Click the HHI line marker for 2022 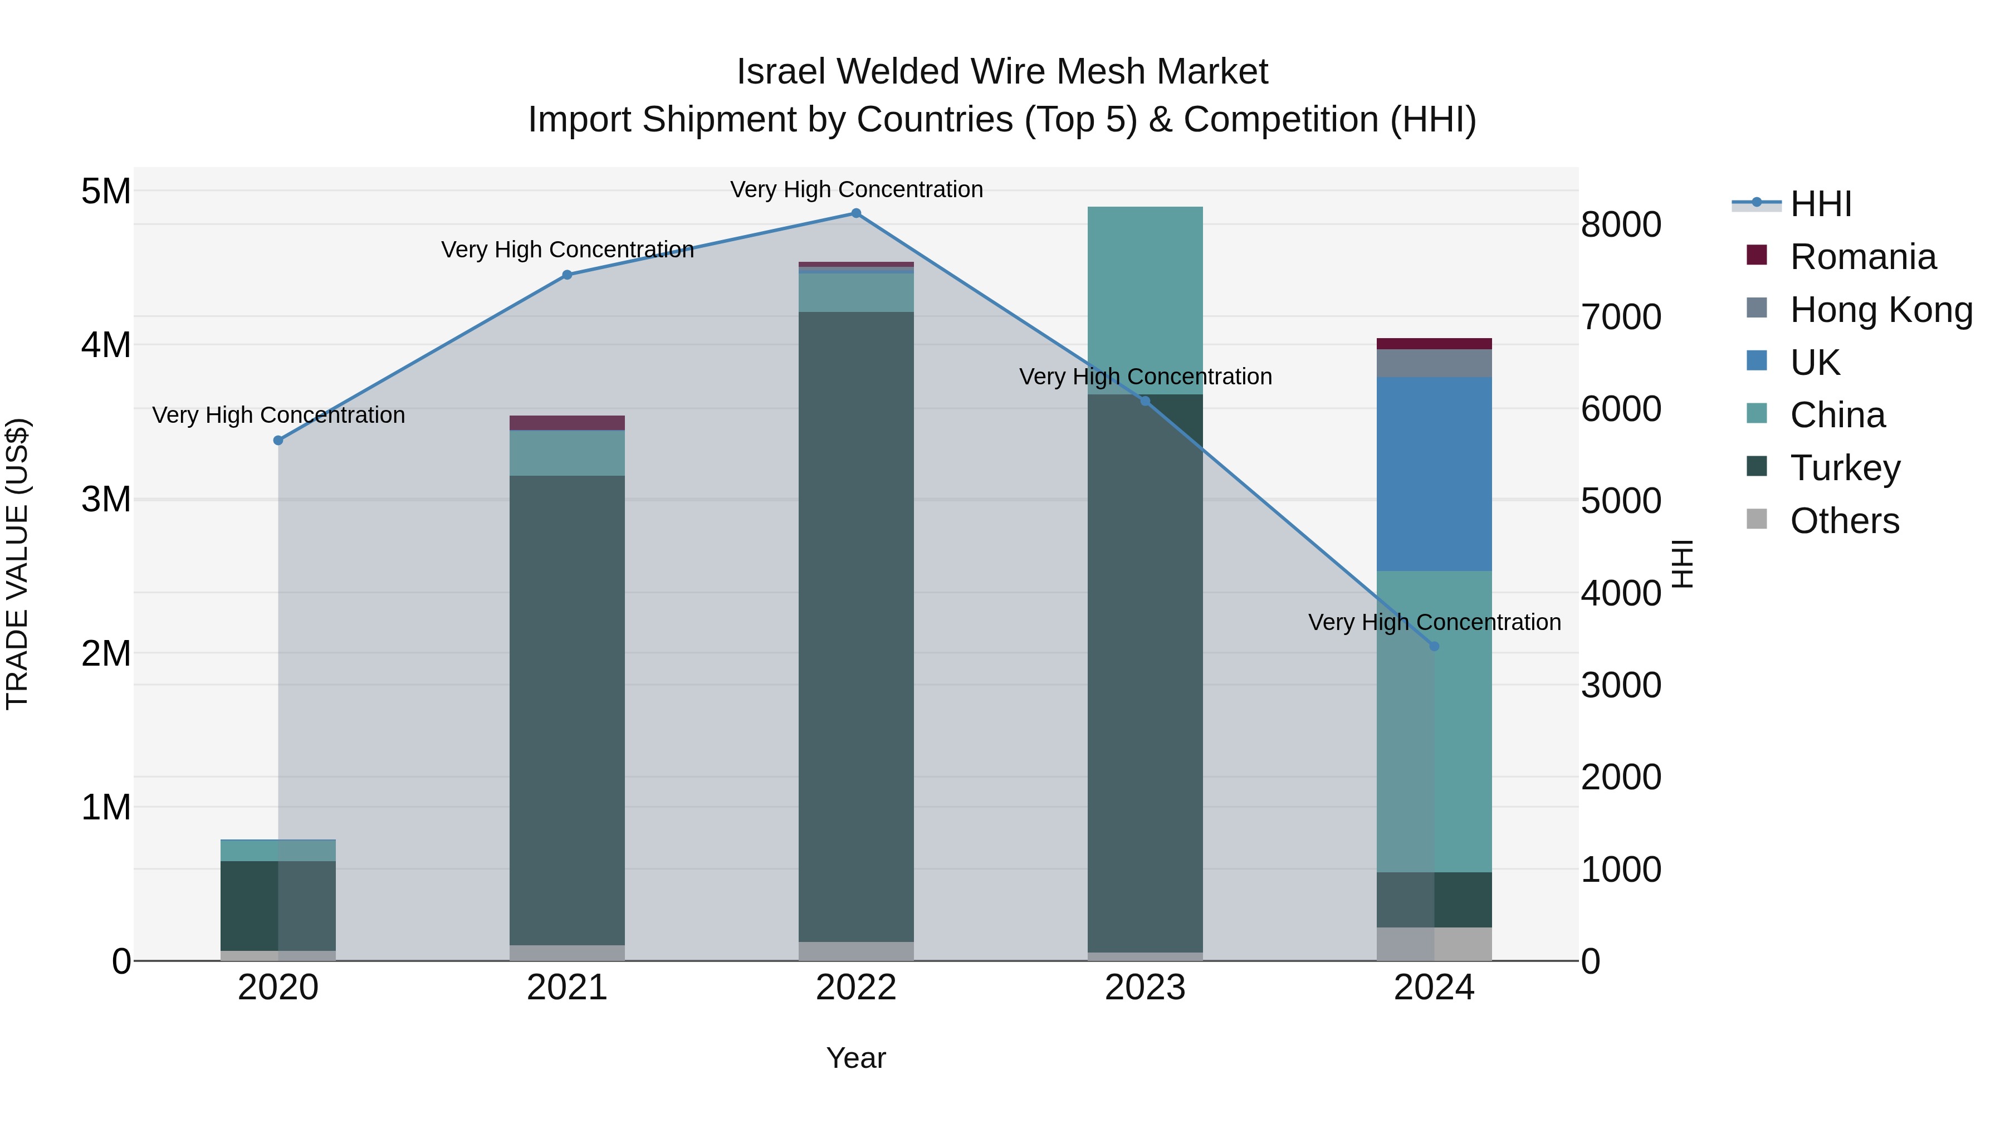856,213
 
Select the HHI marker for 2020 278,441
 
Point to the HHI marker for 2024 1435,646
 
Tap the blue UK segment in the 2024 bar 1435,474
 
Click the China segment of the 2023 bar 1145,300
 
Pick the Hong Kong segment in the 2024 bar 1435,364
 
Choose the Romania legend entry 1862,257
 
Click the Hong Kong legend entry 1880,310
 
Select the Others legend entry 1844,521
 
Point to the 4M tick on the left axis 106,345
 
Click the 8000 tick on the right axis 1621,225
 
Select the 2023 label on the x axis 1145,988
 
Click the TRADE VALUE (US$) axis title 17,564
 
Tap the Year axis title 856,1058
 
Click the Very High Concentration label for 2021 568,250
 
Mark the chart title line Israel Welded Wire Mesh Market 1002,72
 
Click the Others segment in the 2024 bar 1435,944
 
